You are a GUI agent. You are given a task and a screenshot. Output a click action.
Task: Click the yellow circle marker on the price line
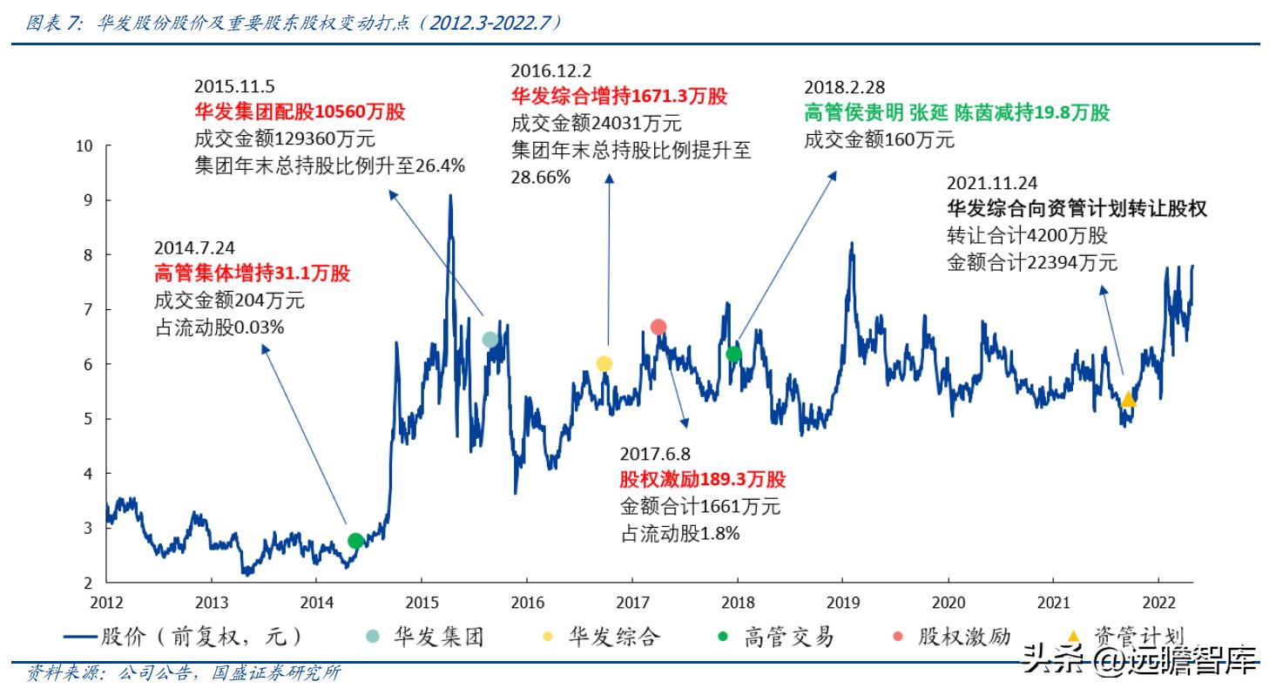click(604, 363)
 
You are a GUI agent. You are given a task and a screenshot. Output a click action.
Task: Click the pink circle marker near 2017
click(658, 327)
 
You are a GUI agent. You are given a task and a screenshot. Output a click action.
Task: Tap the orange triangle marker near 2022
click(1128, 399)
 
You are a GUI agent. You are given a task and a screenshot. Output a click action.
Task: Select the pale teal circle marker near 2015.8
click(490, 339)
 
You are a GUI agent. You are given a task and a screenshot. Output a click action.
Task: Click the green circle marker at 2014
click(355, 540)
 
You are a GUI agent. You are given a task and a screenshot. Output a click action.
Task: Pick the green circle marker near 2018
click(734, 354)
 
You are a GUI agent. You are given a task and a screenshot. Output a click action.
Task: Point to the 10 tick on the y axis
click(84, 146)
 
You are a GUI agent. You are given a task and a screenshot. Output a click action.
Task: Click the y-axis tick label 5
click(88, 419)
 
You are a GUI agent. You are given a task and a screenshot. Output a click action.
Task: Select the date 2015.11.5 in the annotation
click(234, 86)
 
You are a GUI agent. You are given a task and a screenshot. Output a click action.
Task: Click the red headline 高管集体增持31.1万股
click(252, 273)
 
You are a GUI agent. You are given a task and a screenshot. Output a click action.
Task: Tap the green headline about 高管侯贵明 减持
click(956, 113)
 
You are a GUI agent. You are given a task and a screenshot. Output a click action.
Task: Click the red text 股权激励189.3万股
click(702, 480)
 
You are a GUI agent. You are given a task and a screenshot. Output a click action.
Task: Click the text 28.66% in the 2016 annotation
click(540, 177)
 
